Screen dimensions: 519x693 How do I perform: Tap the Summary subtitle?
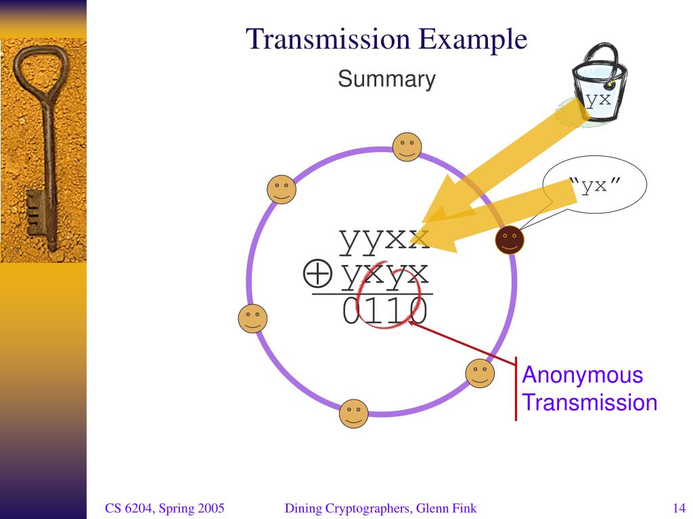point(386,79)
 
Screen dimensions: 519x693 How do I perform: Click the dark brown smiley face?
point(510,239)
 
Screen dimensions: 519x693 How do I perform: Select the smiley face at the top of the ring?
point(407,147)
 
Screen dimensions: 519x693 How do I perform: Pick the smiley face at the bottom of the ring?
point(353,413)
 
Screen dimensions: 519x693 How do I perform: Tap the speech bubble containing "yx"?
point(596,185)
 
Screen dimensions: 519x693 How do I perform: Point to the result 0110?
point(384,312)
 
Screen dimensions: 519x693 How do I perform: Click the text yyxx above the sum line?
point(384,239)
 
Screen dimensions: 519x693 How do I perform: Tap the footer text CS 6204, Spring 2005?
point(164,508)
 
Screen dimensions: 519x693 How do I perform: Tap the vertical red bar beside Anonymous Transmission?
point(516,389)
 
